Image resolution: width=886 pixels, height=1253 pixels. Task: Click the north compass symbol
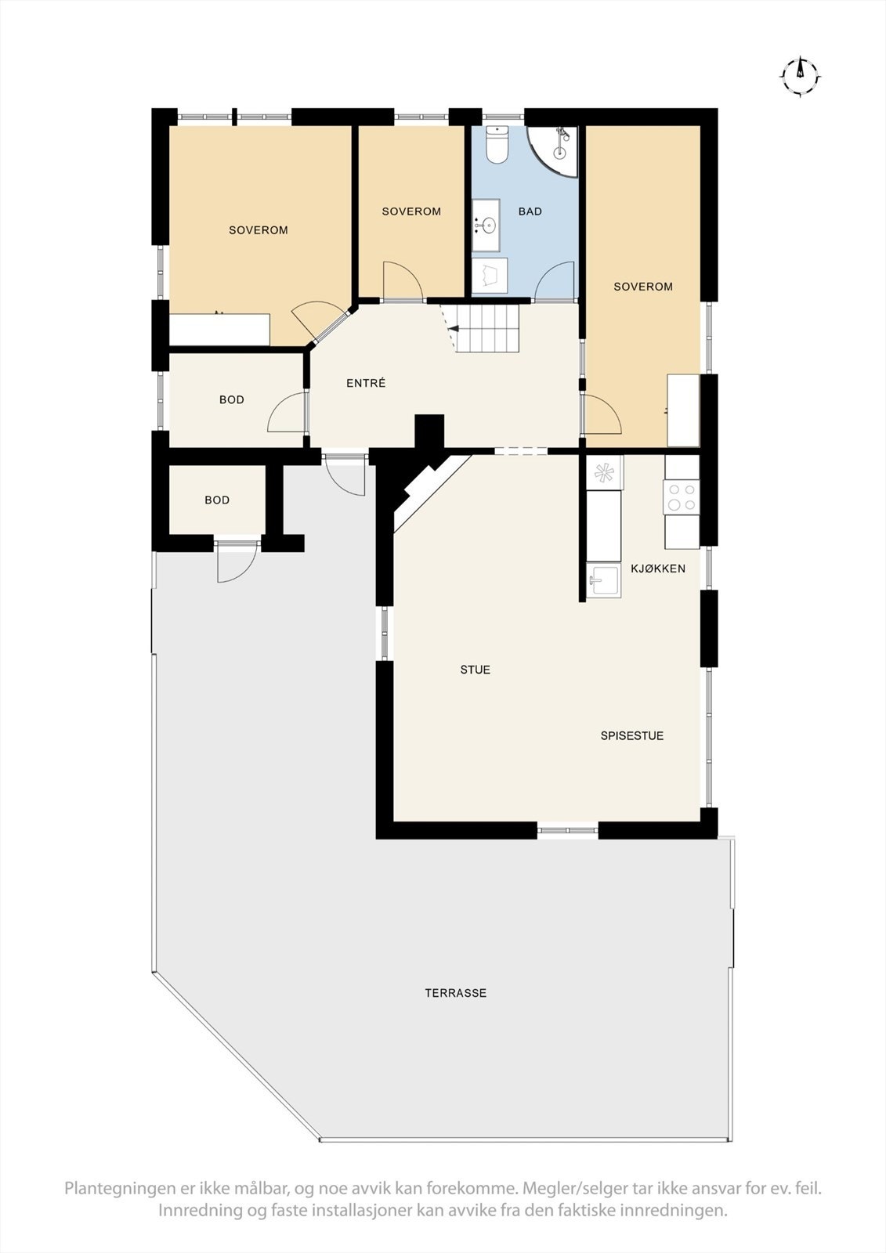point(800,76)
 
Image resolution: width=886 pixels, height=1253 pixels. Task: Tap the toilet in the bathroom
point(497,145)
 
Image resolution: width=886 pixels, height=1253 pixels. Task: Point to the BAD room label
point(530,211)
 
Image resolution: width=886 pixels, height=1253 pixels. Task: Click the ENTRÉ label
point(366,384)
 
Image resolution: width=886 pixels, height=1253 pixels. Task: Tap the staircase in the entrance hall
point(486,328)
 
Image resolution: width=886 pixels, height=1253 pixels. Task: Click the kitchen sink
point(603,581)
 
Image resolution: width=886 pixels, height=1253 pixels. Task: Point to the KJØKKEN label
point(658,569)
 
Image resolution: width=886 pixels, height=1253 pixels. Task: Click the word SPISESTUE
point(632,736)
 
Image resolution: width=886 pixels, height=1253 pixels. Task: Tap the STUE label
point(476,670)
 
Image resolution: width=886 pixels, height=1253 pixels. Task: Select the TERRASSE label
point(456,993)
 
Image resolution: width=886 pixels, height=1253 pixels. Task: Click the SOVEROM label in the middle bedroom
point(411,211)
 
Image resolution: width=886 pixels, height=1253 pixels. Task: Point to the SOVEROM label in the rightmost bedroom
point(643,287)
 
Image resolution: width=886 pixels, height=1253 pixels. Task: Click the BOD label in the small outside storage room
point(217,500)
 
